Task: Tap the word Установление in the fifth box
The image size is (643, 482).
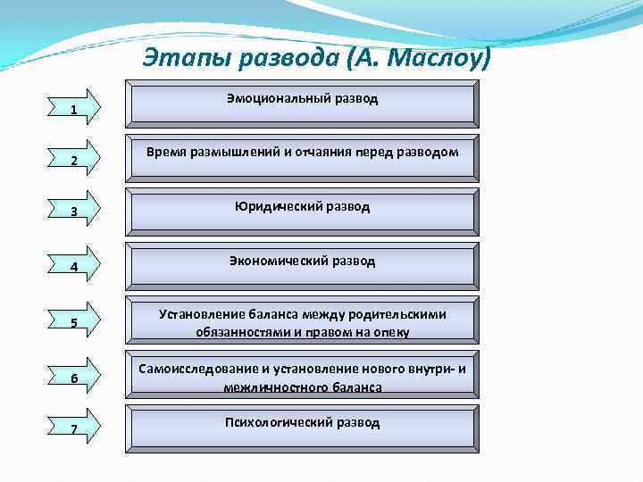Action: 198,314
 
